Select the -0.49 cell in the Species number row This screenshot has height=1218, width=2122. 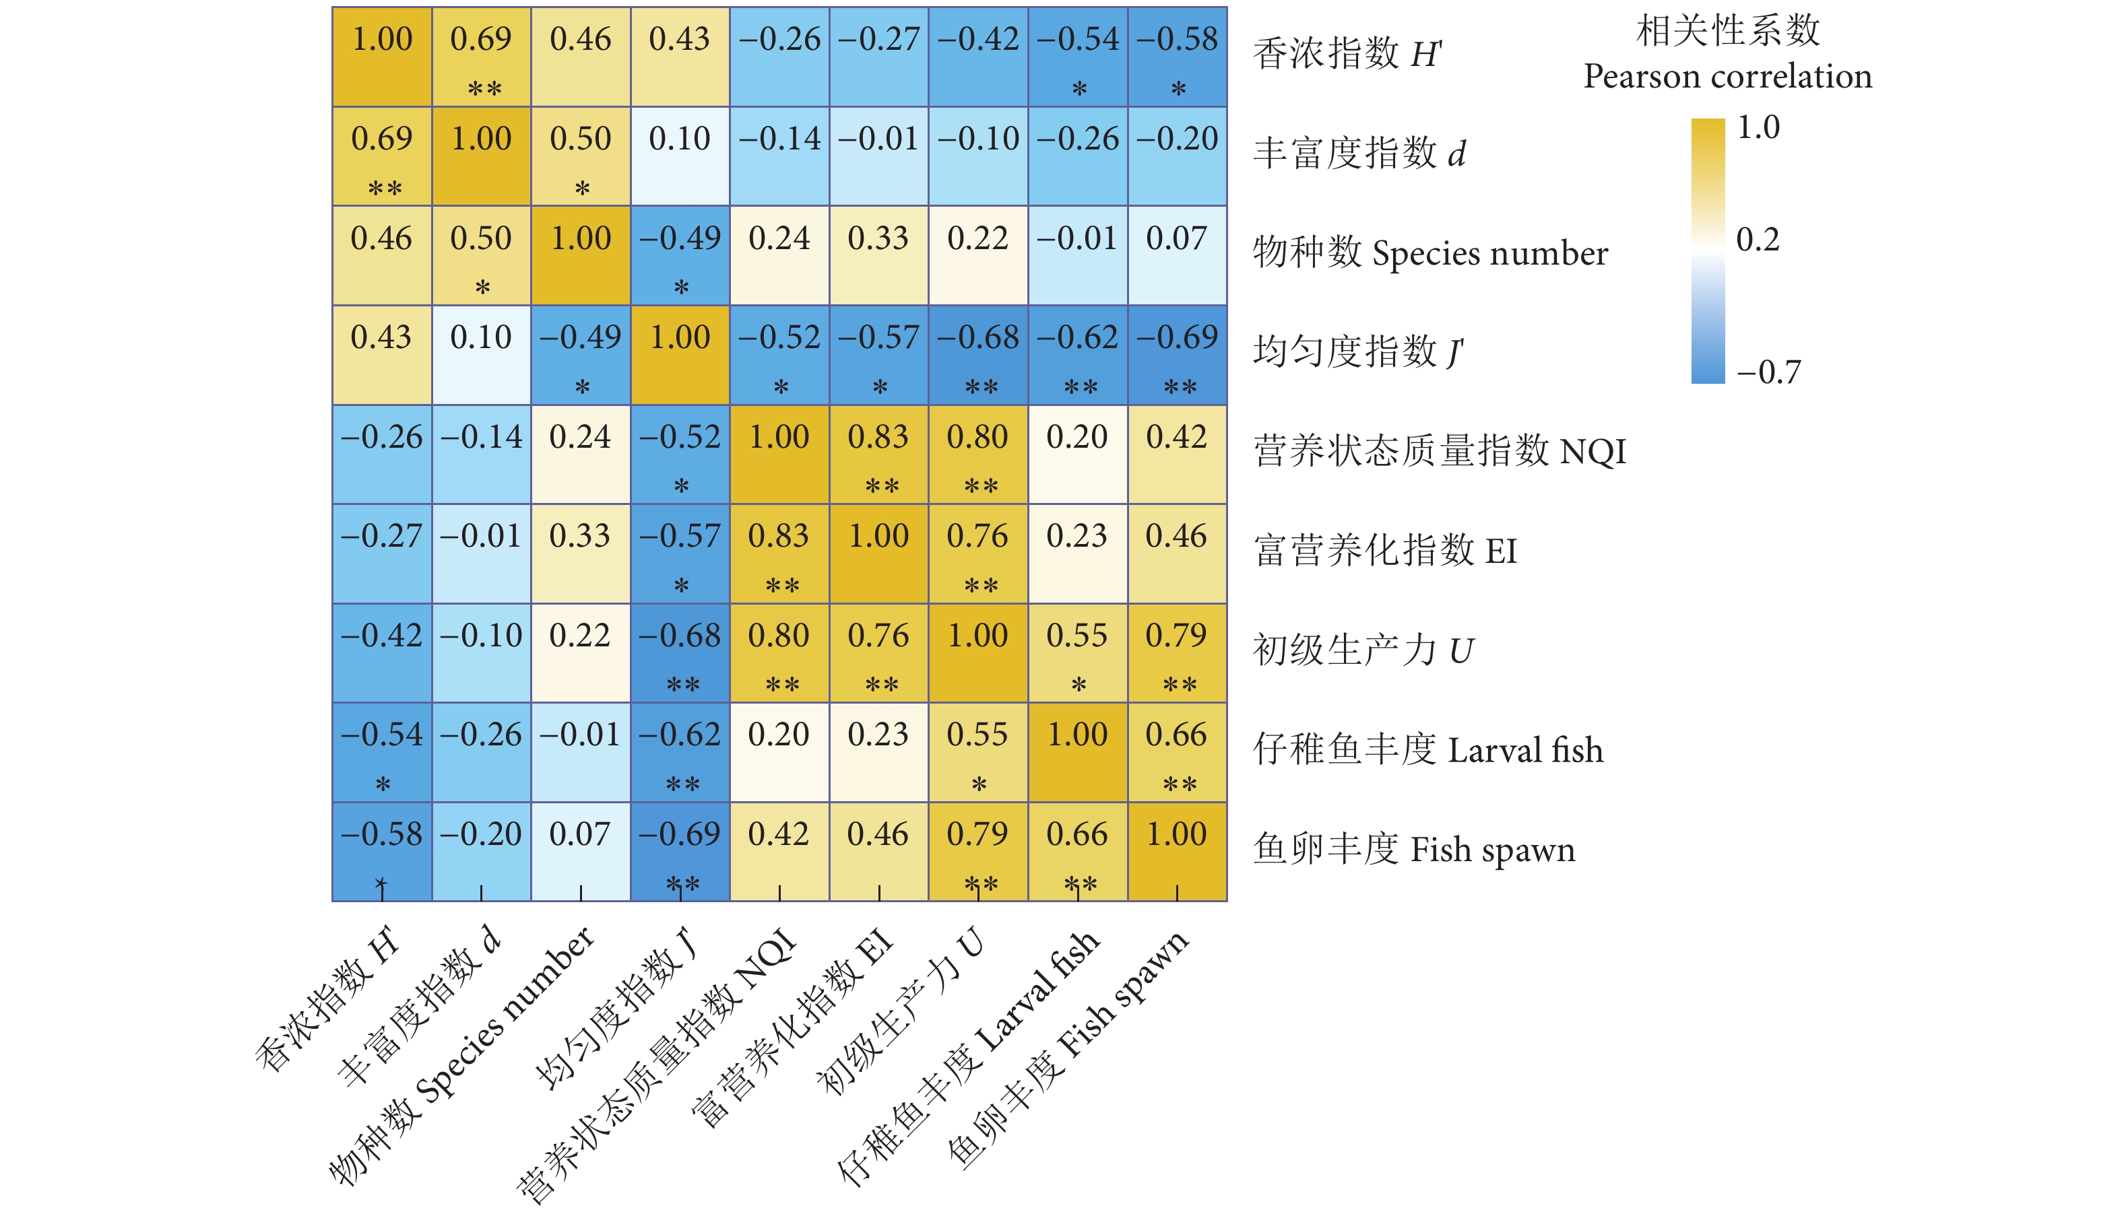(680, 255)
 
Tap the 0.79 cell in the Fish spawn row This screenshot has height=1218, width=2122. (978, 852)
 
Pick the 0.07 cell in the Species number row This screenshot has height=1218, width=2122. (1178, 255)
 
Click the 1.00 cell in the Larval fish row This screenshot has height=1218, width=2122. (1078, 752)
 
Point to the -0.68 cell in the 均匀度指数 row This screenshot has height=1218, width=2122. (978, 355)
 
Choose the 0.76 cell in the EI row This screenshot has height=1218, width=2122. (978, 553)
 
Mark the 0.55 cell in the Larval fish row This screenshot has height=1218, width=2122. (978, 752)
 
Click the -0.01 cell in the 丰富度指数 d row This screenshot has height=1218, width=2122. (878, 156)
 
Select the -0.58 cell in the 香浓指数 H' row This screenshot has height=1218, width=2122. (1178, 56)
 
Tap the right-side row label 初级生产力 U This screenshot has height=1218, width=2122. (1362, 651)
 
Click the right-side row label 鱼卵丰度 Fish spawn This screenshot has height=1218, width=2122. (1413, 850)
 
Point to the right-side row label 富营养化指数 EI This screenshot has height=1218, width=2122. (1385, 551)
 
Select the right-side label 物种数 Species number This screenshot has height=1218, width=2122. (1429, 253)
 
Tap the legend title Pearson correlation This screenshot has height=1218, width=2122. (1727, 77)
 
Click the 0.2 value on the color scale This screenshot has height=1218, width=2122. (1757, 240)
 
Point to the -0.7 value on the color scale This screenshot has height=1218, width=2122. (1767, 372)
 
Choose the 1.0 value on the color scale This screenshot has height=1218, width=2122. (1758, 128)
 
